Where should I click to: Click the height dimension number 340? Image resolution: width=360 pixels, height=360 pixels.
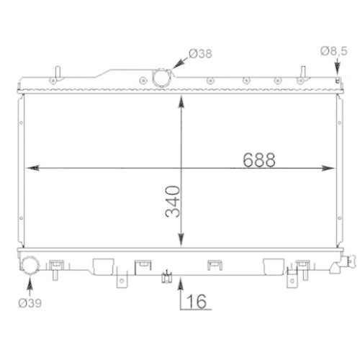point(172,205)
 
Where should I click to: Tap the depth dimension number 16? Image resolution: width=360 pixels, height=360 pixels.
point(198,301)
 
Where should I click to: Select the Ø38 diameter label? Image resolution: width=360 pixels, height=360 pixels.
point(201,53)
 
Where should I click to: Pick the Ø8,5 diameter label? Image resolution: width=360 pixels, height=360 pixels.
point(333,50)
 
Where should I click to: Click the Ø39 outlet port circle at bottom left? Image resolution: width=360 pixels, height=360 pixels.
point(31,266)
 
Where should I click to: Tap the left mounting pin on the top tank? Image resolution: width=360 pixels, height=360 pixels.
point(56,74)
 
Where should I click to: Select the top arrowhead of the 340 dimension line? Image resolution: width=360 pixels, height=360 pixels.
point(180,99)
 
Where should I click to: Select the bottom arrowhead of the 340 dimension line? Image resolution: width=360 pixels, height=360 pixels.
point(180,244)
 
